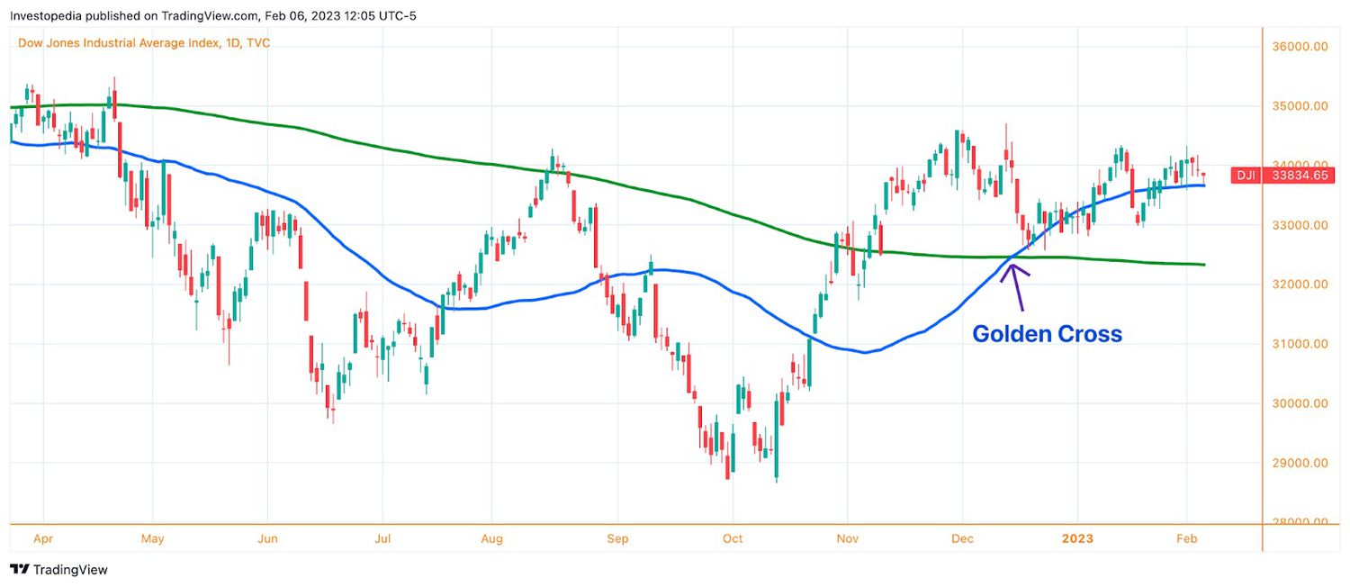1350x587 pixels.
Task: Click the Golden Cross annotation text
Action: [x=1047, y=334]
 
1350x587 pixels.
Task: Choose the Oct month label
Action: [x=733, y=539]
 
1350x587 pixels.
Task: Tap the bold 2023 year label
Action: [x=1076, y=539]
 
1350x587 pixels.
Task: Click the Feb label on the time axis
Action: [x=1186, y=539]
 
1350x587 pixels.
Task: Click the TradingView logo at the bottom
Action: [x=58, y=570]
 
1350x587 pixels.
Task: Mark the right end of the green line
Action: [x=1204, y=264]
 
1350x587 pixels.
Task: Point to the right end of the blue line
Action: [x=1204, y=185]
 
